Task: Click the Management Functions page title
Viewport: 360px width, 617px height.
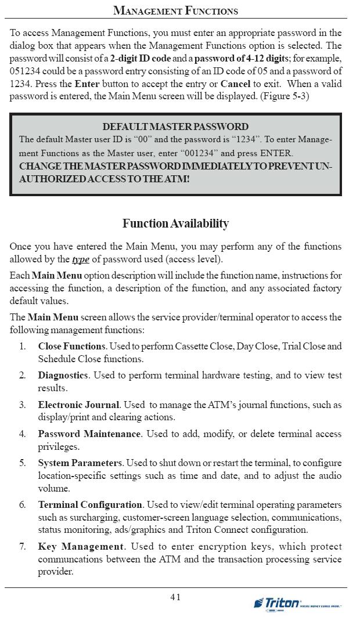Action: click(175, 10)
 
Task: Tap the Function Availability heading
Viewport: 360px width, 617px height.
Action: click(175, 223)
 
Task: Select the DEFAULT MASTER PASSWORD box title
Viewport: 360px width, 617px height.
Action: click(175, 127)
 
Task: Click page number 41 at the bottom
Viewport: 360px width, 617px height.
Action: click(175, 597)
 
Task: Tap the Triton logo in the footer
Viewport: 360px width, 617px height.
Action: click(285, 604)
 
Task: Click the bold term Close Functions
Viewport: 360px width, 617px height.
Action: click(72, 347)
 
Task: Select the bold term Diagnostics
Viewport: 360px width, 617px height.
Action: click(63, 376)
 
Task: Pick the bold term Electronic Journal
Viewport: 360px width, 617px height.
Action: click(78, 405)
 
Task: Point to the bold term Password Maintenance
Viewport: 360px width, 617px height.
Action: click(89, 434)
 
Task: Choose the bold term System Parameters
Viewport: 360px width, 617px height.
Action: click(80, 463)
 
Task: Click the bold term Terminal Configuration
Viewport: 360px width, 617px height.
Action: click(90, 505)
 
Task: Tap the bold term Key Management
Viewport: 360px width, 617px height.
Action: click(81, 547)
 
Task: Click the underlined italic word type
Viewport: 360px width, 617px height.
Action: click(80, 259)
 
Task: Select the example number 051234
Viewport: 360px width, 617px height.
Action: click(25, 71)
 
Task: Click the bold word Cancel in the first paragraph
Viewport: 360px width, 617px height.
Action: click(235, 84)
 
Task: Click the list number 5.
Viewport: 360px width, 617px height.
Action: click(23, 463)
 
